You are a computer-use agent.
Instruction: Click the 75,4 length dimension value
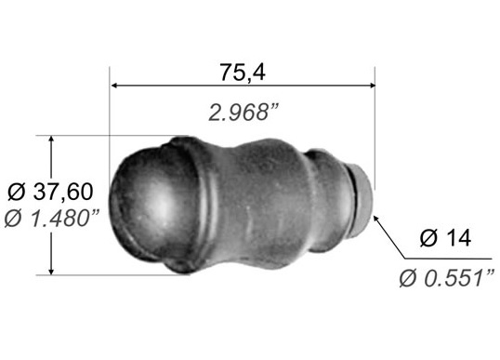pos(243,73)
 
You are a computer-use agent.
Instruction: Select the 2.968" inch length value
pos(243,113)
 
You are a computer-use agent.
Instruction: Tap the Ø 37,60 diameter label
pos(50,192)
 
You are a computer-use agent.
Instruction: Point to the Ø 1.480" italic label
pos(52,219)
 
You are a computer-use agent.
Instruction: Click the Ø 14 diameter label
pos(445,238)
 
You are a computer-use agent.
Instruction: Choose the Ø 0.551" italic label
pos(447,277)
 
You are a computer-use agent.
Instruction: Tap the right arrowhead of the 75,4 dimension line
pos(371,86)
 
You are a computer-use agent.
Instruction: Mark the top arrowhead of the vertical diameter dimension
pos(51,140)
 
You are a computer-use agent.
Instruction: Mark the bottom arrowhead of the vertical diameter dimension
pos(51,270)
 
